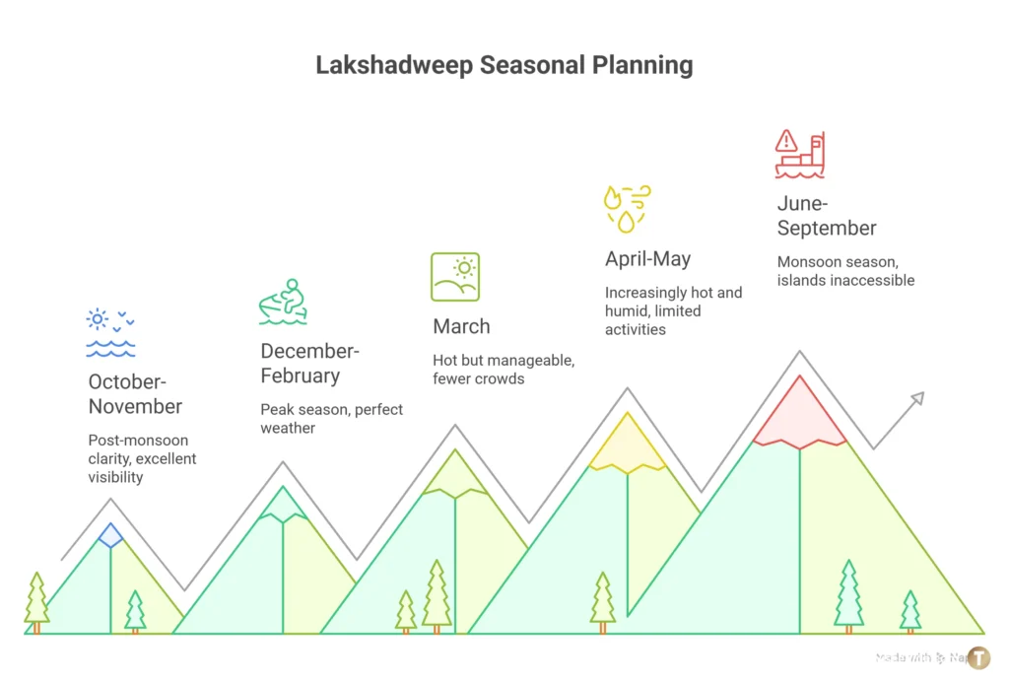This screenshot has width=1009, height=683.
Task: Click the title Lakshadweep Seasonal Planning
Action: tap(504, 66)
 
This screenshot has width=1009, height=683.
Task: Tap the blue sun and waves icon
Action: tap(110, 333)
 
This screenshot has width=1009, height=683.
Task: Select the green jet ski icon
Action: tap(283, 302)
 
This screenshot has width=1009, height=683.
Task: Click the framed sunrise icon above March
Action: tap(454, 277)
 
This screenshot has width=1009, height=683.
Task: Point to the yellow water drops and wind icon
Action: tap(627, 208)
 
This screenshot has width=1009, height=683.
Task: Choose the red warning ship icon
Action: tap(799, 155)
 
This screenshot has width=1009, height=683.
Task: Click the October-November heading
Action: tap(135, 393)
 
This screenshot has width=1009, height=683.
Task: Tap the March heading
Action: tap(461, 326)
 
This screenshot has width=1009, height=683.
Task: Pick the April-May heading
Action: tap(647, 259)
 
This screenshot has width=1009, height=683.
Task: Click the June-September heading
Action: tap(827, 216)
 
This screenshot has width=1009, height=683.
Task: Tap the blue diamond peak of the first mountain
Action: tap(110, 535)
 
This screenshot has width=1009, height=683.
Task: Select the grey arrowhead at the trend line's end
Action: tap(916, 399)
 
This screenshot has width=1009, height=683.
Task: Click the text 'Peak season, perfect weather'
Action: tap(331, 419)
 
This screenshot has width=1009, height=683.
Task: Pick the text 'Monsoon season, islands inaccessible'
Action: tap(845, 271)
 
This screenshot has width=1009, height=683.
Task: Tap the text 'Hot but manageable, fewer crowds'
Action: tap(504, 370)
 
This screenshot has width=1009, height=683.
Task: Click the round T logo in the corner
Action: tap(978, 658)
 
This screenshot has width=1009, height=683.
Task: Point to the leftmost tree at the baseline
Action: tap(36, 600)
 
